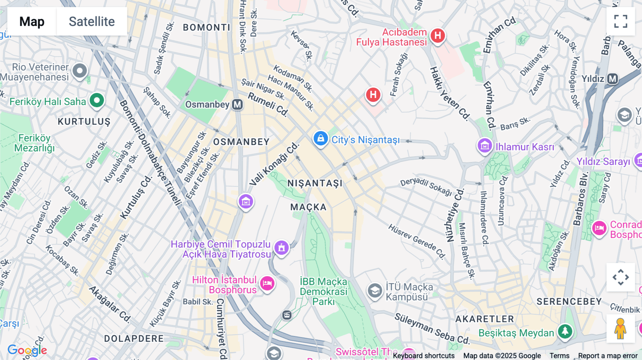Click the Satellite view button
(x=92, y=21)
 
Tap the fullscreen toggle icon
(x=621, y=21)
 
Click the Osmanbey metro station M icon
(x=238, y=104)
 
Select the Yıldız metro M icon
(x=612, y=79)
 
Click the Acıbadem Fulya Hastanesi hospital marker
(x=437, y=36)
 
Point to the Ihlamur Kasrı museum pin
(x=485, y=146)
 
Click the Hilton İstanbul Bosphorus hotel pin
(x=267, y=284)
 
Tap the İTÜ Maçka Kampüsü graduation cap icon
(x=375, y=291)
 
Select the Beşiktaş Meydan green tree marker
(x=565, y=331)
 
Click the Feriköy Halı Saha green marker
(x=97, y=101)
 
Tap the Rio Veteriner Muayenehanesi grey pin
(x=80, y=71)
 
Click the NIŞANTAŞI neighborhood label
(x=315, y=183)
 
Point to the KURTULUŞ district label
(x=84, y=122)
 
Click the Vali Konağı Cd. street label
(x=274, y=164)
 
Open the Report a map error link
(x=608, y=355)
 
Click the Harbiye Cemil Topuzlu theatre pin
(x=281, y=247)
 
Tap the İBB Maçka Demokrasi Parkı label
(x=323, y=292)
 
